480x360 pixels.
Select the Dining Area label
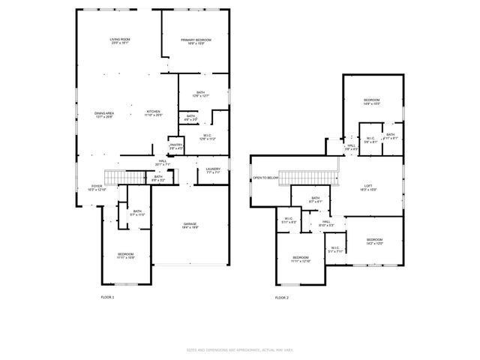104,115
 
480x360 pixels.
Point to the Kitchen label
153,113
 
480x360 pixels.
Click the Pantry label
176,145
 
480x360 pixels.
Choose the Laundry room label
213,170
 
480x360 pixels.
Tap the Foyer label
97,187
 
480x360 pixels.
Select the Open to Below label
265,178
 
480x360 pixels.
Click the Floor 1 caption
107,298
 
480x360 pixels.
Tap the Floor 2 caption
281,298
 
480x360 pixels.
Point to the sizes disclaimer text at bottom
239,349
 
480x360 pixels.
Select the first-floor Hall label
162,162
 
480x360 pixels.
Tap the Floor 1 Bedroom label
125,256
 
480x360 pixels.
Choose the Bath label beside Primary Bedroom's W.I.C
190,118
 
